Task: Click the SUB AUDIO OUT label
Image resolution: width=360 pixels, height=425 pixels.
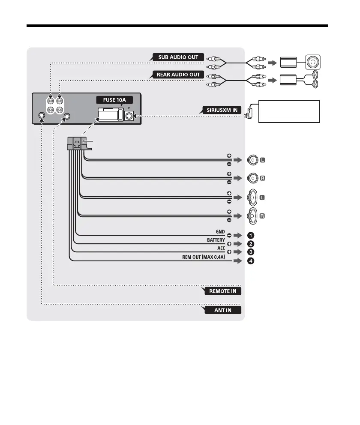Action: tap(178, 57)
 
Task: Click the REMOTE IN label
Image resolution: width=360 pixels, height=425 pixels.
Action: tap(222, 291)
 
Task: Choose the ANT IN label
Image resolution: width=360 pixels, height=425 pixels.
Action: tap(222, 310)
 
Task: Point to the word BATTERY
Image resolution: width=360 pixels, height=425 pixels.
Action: tap(219, 240)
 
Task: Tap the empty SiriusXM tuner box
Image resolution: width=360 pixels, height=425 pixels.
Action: tap(290, 111)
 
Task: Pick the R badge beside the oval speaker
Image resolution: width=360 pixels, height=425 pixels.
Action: tap(263, 215)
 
